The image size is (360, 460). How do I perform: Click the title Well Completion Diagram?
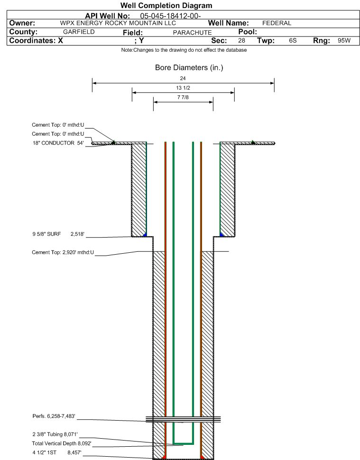(x=166, y=6)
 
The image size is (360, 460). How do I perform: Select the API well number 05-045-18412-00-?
(x=170, y=16)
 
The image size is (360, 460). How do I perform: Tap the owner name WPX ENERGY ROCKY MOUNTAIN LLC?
(x=118, y=23)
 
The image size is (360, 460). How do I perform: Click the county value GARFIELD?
(x=79, y=32)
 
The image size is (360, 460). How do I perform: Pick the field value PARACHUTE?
(x=192, y=33)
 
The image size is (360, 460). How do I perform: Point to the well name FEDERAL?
(x=277, y=23)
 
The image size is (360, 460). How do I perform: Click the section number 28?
(x=241, y=40)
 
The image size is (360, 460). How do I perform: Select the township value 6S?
(x=293, y=40)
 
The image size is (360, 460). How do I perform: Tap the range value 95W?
(x=344, y=40)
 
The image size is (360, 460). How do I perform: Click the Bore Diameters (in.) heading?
(x=189, y=68)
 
